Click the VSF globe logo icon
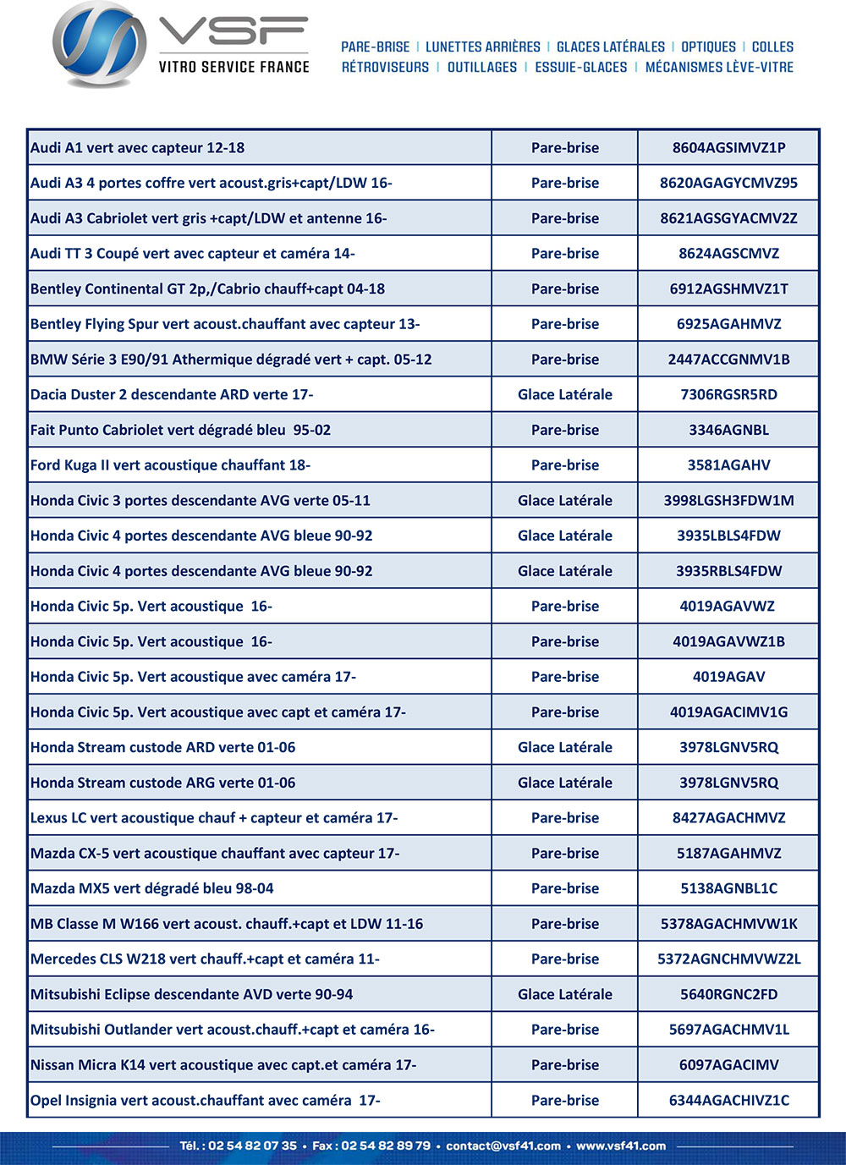coord(99,46)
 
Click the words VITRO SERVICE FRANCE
coord(233,67)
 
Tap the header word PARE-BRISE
coord(375,47)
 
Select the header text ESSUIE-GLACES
coord(581,68)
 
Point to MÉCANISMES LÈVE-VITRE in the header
coord(719,68)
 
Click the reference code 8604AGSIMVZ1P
coord(728,148)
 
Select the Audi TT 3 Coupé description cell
coord(193,254)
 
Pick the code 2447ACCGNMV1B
coord(728,360)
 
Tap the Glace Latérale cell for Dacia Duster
coord(564,395)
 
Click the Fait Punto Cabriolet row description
coord(180,431)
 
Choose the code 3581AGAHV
coord(728,465)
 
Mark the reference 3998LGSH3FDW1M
coord(728,501)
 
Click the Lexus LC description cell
coord(214,818)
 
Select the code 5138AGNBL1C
coord(728,889)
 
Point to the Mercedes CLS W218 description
coord(205,959)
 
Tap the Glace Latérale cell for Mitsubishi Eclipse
coord(564,995)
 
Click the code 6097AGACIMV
coord(728,1065)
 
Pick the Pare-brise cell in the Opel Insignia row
coord(564,1101)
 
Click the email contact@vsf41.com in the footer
coord(503,1146)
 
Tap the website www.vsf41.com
coord(621,1146)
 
